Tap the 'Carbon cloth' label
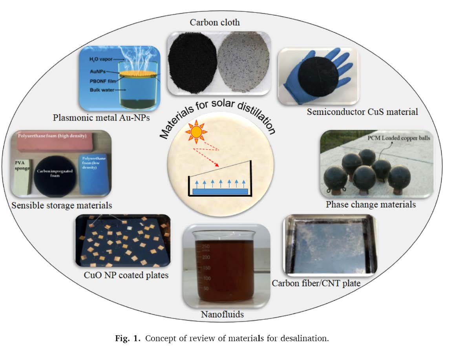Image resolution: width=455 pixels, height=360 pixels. (x=215, y=22)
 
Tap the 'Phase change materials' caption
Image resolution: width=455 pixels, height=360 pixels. (x=371, y=204)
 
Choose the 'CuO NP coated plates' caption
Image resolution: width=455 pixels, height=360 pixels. (x=126, y=275)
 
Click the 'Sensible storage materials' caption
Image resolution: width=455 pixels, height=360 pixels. (x=62, y=205)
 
